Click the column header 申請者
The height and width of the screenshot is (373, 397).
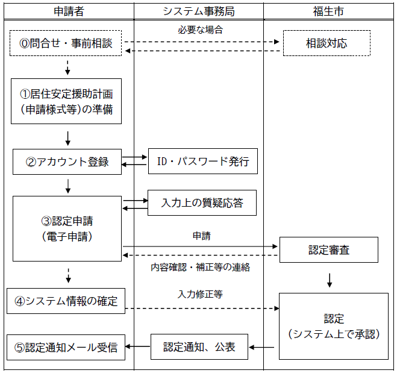click(x=67, y=11)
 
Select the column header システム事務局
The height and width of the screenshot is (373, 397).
click(x=198, y=11)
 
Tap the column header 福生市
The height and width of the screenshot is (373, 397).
click(x=328, y=11)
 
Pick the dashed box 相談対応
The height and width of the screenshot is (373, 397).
click(x=326, y=43)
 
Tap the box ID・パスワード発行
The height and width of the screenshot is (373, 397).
click(x=202, y=161)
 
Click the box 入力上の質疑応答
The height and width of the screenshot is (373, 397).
click(x=202, y=202)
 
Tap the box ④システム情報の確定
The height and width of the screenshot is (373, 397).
click(x=66, y=301)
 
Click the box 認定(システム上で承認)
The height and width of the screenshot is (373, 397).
click(x=333, y=326)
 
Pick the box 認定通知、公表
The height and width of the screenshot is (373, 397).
click(x=199, y=347)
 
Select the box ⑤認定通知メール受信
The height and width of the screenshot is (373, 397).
click(x=66, y=347)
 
